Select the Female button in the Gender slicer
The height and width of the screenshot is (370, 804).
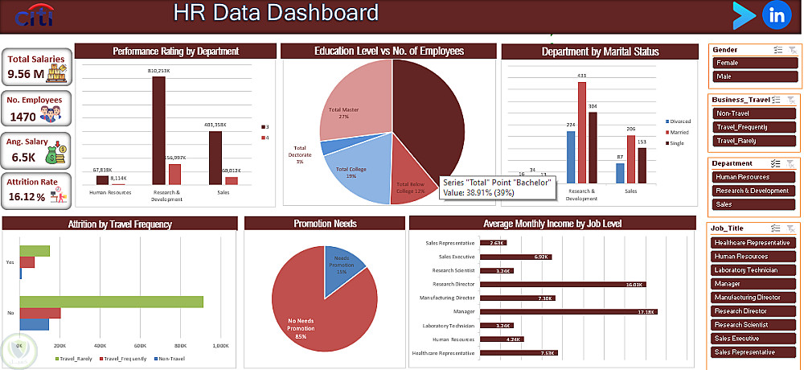click(755, 63)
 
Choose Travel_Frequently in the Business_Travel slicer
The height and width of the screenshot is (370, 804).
click(755, 127)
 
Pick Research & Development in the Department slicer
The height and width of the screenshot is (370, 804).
click(755, 191)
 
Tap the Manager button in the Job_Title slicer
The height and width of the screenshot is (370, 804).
click(755, 284)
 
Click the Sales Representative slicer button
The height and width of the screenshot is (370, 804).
click(755, 352)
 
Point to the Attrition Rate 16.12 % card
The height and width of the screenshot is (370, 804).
click(36, 190)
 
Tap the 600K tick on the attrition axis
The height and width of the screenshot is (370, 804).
click(140, 346)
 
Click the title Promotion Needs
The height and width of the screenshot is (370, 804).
click(325, 224)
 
